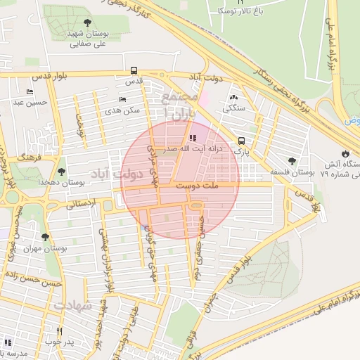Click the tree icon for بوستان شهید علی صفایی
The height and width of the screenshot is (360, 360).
(87, 23)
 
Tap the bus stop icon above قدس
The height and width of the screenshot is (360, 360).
(134, 70)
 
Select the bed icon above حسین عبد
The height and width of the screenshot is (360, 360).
(30, 91)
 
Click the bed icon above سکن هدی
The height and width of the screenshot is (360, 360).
(122, 99)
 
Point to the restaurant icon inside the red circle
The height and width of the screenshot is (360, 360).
(193, 138)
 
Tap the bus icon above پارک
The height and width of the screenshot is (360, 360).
(242, 140)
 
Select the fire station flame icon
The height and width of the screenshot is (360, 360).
(345, 153)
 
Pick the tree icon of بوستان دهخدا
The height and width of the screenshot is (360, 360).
(61, 171)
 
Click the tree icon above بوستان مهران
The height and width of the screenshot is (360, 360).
(46, 238)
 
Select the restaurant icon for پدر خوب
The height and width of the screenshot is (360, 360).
(59, 331)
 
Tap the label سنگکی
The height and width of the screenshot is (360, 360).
(234, 109)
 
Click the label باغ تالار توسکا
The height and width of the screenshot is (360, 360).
(232, 11)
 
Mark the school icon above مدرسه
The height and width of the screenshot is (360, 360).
(8, 342)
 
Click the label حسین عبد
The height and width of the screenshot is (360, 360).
(30, 103)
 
